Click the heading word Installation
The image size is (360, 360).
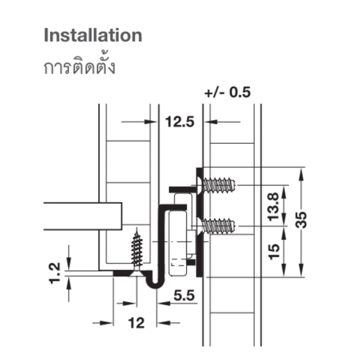93,35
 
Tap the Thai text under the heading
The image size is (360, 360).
79,65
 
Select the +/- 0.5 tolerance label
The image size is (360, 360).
227,92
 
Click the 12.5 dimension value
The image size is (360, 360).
180,121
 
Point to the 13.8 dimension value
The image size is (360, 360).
274,207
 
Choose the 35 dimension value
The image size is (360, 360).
301,220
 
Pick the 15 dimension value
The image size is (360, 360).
274,252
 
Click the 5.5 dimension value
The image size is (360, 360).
184,295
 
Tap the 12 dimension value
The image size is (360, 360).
136,323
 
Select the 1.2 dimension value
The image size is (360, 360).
55,273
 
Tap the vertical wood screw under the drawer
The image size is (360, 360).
137,252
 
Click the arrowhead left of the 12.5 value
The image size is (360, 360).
151,121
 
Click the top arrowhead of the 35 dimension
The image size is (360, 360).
301,174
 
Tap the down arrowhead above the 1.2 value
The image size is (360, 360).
69,264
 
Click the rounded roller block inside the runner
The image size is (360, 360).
177,243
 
